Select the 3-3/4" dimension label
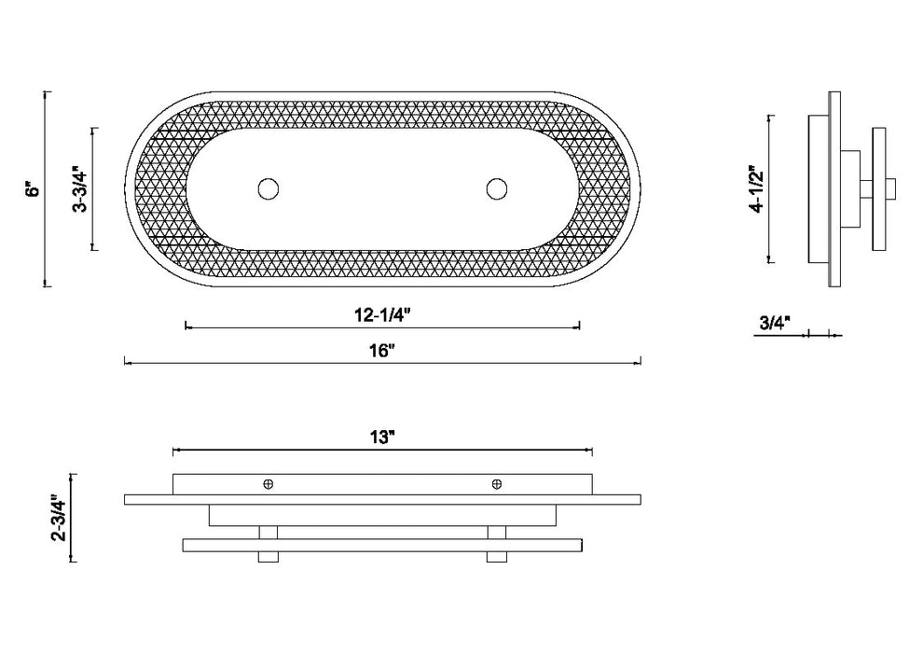click(80, 189)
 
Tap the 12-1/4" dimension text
click(382, 315)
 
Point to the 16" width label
click(382, 351)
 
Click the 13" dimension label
click(382, 438)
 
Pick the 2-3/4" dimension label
click(59, 518)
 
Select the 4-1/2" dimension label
click(756, 189)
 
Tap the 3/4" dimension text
click(776, 322)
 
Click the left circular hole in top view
click(269, 189)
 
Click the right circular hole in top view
click(497, 189)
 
